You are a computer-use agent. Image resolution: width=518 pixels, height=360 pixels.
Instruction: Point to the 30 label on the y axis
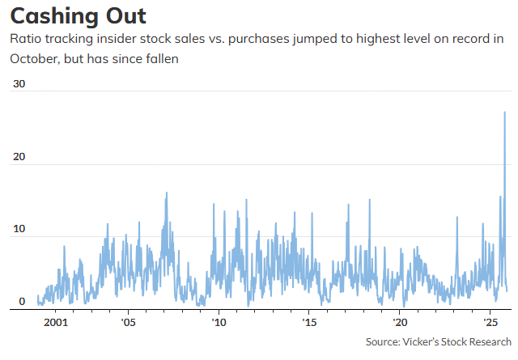tap(19, 84)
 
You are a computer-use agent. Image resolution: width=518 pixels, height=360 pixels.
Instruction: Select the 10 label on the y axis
tap(19, 229)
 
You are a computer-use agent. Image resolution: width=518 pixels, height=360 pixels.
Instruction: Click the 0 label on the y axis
tap(22, 301)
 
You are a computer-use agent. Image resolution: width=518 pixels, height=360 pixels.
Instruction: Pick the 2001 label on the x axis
tap(55, 322)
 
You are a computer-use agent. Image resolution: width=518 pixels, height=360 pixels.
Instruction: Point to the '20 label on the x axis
tap(399, 322)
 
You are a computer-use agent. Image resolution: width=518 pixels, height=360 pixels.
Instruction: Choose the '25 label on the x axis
tap(490, 322)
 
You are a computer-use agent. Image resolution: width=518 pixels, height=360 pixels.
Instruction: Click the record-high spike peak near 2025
tap(505, 112)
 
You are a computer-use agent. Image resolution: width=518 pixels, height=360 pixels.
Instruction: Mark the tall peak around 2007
tap(167, 193)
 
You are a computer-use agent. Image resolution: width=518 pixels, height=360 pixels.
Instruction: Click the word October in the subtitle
tap(37, 58)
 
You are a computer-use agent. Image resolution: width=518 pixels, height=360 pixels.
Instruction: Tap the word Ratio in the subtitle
tap(27, 39)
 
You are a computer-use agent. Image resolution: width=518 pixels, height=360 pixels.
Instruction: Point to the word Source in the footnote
tap(383, 342)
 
